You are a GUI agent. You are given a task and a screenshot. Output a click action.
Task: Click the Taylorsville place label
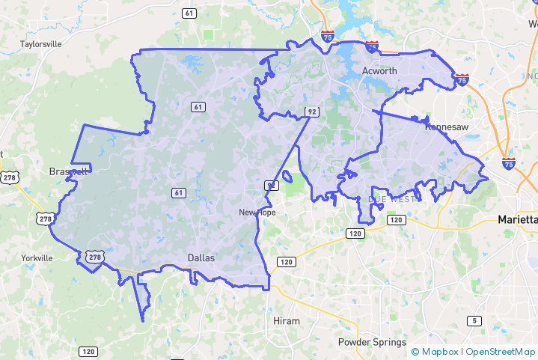click(41, 44)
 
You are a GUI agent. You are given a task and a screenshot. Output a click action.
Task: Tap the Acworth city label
click(380, 70)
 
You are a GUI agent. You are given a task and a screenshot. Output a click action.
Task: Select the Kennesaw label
click(447, 127)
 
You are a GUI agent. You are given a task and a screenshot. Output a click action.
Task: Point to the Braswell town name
click(68, 171)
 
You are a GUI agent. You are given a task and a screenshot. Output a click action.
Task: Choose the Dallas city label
click(201, 258)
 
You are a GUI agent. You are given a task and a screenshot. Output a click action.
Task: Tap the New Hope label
click(257, 213)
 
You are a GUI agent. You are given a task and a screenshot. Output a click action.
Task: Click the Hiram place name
click(286, 321)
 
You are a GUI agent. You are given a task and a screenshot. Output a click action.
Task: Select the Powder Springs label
click(370, 342)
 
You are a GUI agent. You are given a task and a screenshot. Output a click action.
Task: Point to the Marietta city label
click(517, 220)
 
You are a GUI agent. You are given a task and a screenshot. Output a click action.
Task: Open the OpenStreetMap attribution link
click(501, 351)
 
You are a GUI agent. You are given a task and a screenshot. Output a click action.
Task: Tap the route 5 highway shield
click(473, 321)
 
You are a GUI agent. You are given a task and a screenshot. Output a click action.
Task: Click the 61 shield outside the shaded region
click(189, 13)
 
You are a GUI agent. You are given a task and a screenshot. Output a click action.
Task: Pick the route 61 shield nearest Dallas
click(178, 193)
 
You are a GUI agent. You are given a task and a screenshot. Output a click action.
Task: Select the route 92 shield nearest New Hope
click(271, 184)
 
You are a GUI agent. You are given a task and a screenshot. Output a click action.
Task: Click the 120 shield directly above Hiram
click(285, 262)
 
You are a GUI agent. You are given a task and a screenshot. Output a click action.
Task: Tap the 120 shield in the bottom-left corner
click(88, 351)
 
